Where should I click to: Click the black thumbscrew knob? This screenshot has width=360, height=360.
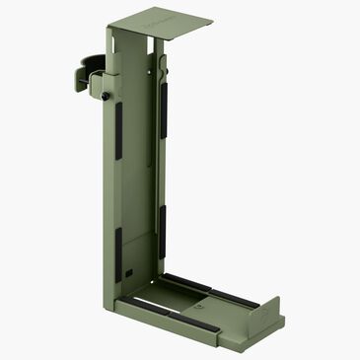pyautogui.click(x=104, y=96)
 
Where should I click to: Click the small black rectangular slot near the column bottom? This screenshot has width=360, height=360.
pyautogui.click(x=129, y=268)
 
